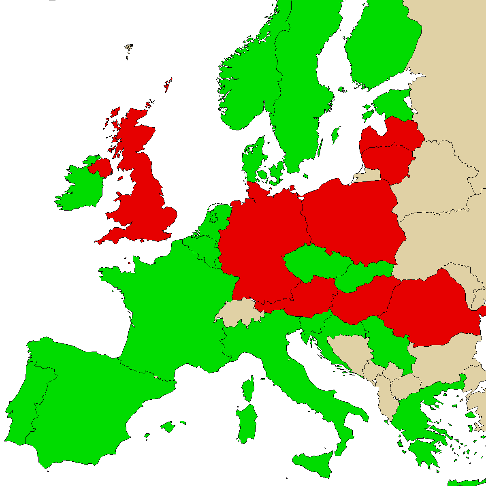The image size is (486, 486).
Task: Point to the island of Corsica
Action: coord(248,389)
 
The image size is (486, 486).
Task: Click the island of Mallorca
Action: coord(167,426)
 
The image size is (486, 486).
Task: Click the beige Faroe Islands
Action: coord(129,49)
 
